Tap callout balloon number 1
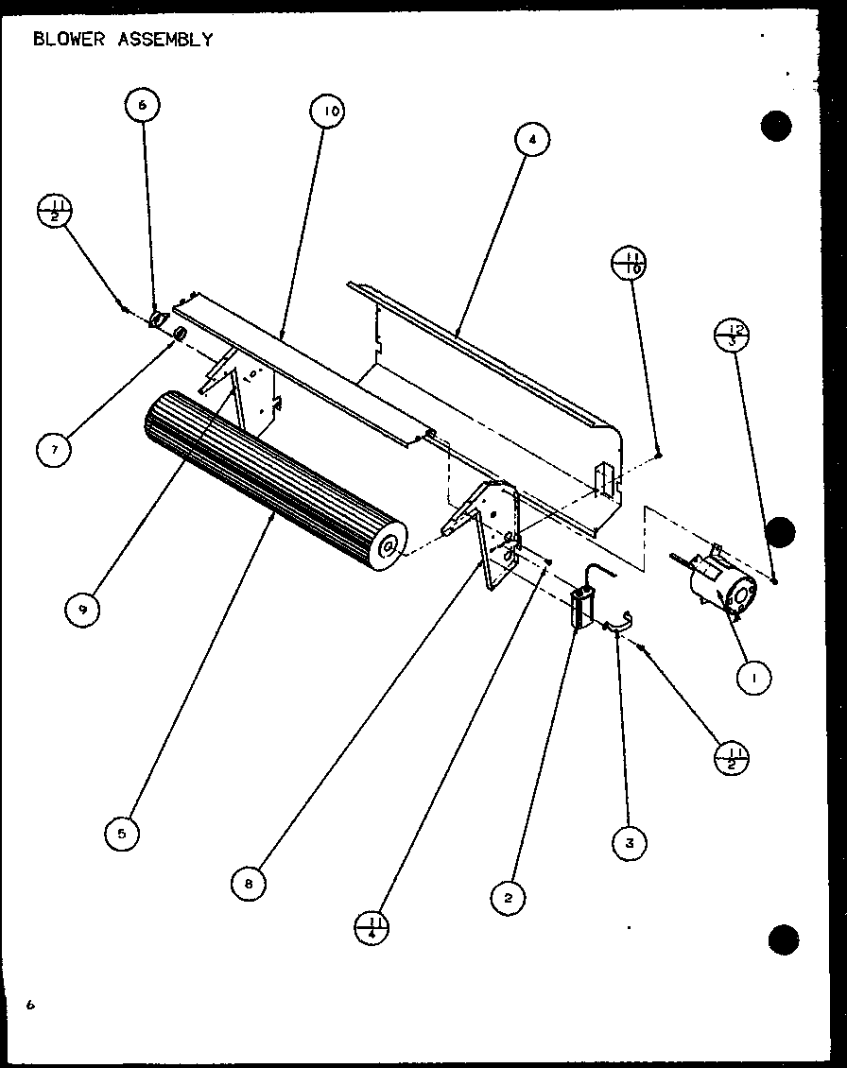[x=755, y=676]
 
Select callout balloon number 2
[x=508, y=897]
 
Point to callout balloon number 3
[x=629, y=841]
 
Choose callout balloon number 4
[x=532, y=139]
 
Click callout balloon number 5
[x=122, y=833]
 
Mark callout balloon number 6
[x=142, y=106]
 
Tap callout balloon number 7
[x=54, y=451]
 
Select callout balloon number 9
[x=83, y=610]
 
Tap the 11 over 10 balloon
[x=631, y=264]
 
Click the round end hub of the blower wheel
[x=389, y=546]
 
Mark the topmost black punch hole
[x=775, y=127]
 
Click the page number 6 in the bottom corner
[x=30, y=1005]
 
